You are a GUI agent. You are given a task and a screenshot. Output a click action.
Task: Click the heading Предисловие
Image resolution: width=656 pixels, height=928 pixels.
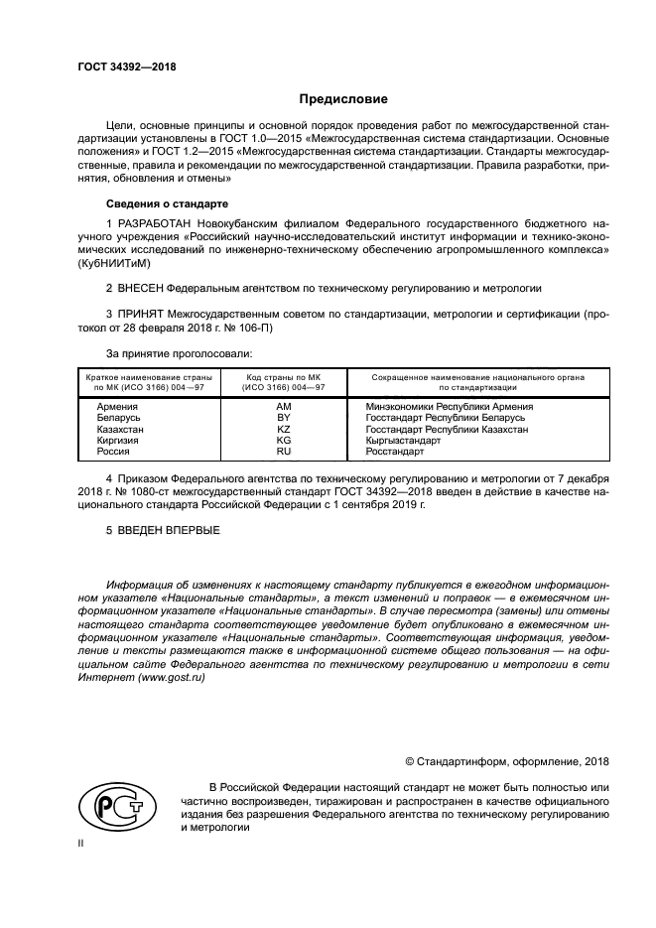pos(343,100)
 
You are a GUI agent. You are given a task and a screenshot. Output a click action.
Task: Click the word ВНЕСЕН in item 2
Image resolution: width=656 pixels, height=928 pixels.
pos(139,288)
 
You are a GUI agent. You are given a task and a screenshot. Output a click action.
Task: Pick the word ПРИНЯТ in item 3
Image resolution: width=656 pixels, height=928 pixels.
pos(141,314)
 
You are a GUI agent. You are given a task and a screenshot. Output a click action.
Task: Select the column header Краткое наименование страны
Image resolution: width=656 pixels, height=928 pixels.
pos(145,378)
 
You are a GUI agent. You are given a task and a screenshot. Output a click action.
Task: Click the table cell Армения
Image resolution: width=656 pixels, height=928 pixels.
pos(116,407)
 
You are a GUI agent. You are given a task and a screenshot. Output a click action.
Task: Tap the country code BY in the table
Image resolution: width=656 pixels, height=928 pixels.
pos(283,418)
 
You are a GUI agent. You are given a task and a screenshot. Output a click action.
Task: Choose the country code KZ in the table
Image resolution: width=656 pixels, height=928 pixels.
pos(283,429)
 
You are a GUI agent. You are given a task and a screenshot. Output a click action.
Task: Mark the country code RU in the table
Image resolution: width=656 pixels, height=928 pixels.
pos(283,451)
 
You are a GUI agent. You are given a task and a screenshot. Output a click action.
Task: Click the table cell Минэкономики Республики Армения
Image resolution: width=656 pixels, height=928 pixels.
pos(435,407)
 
